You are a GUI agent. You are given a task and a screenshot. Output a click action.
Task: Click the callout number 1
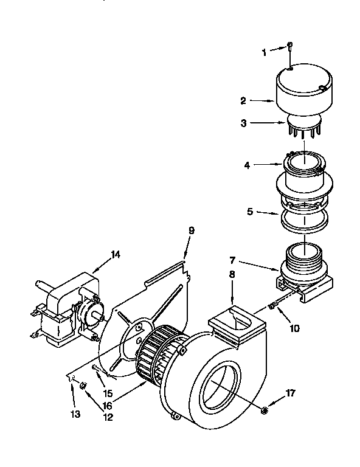coord(265,53)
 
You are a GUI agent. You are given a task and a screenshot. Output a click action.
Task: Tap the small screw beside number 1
coord(291,47)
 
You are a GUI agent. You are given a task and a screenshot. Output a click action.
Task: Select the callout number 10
coord(294,328)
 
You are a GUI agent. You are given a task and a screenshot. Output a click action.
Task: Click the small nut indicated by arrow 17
coord(263,412)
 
